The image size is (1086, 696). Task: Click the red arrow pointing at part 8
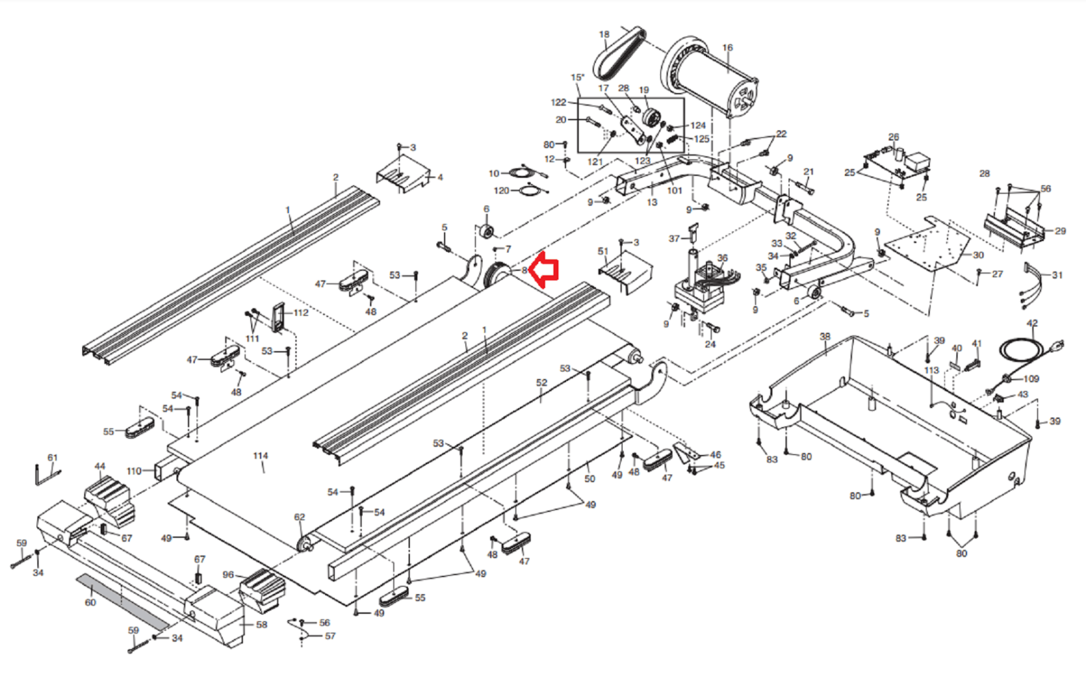coord(545,270)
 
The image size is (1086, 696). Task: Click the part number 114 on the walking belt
coord(260,456)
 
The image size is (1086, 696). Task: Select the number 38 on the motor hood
coord(825,336)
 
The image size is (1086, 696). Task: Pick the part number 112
coord(301,312)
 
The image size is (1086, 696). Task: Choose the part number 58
coord(261,624)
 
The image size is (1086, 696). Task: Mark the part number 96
coord(228,574)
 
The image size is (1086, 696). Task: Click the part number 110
coord(134,471)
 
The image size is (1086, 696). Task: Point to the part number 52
coord(541,382)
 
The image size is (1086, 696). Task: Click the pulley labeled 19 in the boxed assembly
coord(652,117)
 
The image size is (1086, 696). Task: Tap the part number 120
coord(501,190)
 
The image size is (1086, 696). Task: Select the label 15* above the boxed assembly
coord(577,77)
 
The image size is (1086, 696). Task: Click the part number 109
coord(1031,378)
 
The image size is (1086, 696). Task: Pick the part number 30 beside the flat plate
coord(978,255)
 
